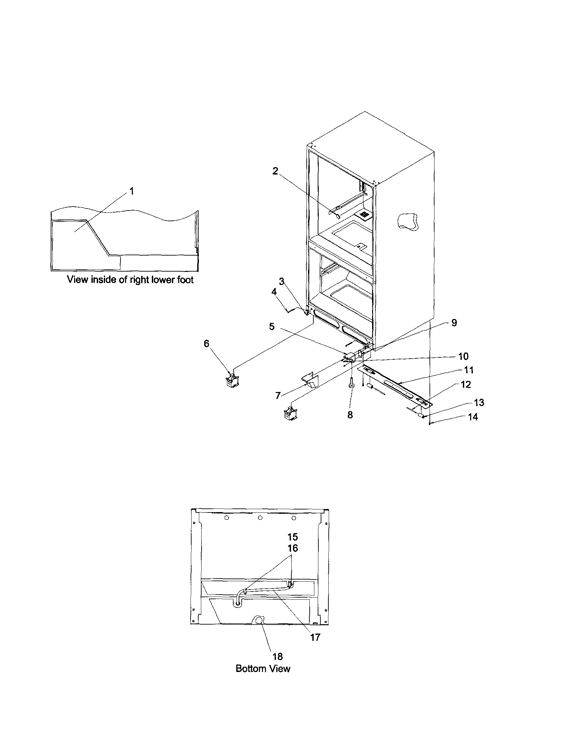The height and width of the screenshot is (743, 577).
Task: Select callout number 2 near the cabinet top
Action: (275, 171)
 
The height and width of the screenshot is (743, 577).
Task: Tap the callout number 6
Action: (207, 344)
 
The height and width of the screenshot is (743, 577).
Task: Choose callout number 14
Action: (473, 417)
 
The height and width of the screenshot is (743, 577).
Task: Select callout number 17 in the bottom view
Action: (315, 637)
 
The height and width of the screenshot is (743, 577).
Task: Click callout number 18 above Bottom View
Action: (277, 656)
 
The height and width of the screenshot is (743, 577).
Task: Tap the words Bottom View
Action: (263, 669)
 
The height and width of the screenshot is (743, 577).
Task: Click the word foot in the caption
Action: (185, 280)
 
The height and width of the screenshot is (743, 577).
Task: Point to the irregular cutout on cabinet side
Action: (408, 222)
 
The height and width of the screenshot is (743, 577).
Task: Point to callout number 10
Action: (464, 356)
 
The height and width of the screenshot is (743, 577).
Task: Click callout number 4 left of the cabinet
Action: (274, 292)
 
